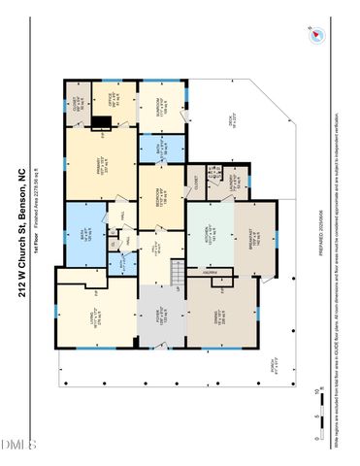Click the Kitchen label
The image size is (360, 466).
coord(211,234)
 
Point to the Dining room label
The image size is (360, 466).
coord(222,313)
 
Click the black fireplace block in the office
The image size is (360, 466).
coord(102,121)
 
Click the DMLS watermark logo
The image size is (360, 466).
coord(17,445)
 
